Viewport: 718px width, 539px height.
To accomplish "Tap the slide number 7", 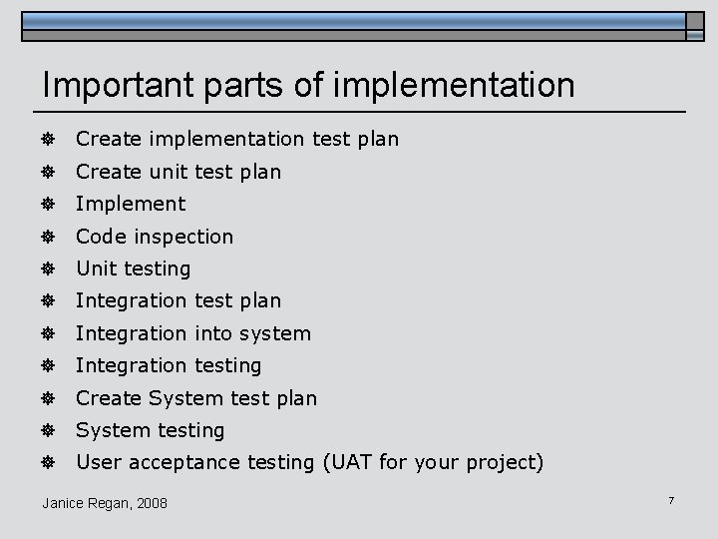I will [671, 499].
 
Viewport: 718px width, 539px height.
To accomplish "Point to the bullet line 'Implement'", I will [131, 204].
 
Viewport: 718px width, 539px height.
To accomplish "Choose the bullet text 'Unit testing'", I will [133, 269].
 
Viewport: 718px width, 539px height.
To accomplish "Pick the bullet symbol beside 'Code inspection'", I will [47, 237].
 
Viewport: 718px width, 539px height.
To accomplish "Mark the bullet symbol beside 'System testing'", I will [47, 430].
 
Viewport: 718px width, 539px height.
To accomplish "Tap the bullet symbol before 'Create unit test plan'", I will [47, 172].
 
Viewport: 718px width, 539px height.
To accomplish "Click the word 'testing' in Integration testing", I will [227, 365].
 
